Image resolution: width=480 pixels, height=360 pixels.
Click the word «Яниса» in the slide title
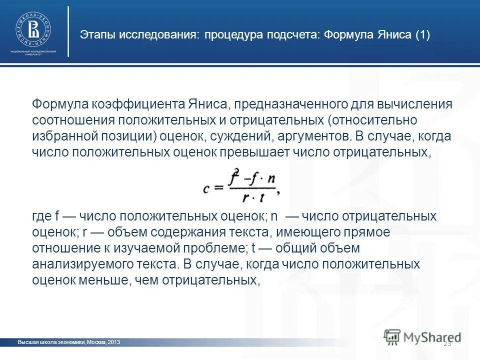391,35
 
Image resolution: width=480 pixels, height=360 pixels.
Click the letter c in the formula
206,188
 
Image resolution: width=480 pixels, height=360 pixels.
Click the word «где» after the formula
41,216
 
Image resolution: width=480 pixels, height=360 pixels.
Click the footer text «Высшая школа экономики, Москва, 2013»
69,342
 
